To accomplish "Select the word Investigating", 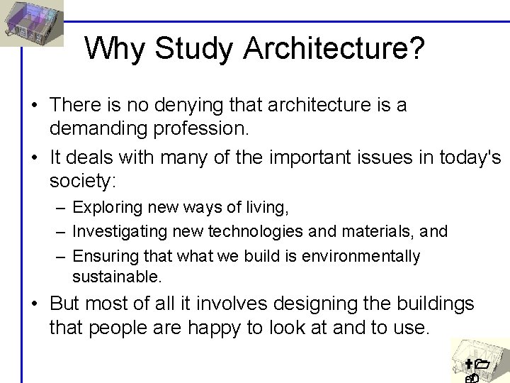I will coord(115,232).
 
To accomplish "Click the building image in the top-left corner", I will coord(32,21).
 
